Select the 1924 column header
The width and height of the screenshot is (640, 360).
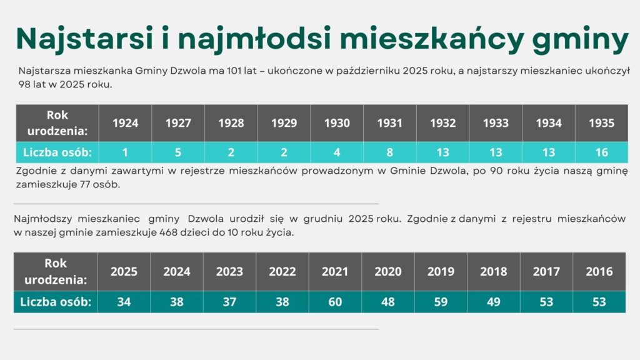[x=125, y=123]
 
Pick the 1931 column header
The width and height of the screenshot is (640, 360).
[x=390, y=123]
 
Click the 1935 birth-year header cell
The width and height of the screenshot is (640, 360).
[x=601, y=123]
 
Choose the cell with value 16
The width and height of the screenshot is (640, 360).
[x=601, y=152]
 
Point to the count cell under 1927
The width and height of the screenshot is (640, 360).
[x=178, y=152]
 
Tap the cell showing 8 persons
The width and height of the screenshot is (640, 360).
[x=390, y=152]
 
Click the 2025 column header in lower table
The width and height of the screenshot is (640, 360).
[x=124, y=272]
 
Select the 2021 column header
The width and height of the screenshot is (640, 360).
[x=336, y=272]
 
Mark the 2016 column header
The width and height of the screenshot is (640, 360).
[x=599, y=272]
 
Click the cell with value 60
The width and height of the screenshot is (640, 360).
[x=336, y=302]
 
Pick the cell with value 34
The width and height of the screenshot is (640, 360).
[x=124, y=302]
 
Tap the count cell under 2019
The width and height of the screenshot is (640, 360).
[x=441, y=302]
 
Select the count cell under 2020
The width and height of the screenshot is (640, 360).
[x=388, y=302]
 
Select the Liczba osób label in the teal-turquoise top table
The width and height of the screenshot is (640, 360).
[x=57, y=152]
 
